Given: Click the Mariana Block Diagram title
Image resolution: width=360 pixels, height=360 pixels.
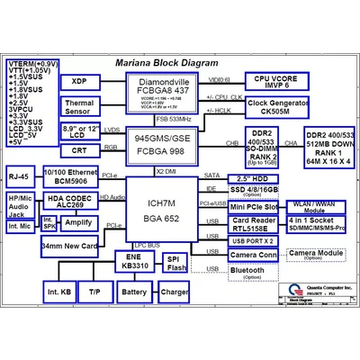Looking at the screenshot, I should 166,64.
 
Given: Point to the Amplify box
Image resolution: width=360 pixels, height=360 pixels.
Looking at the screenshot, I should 78,222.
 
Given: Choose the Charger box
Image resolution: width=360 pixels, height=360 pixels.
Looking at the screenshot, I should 174,293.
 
